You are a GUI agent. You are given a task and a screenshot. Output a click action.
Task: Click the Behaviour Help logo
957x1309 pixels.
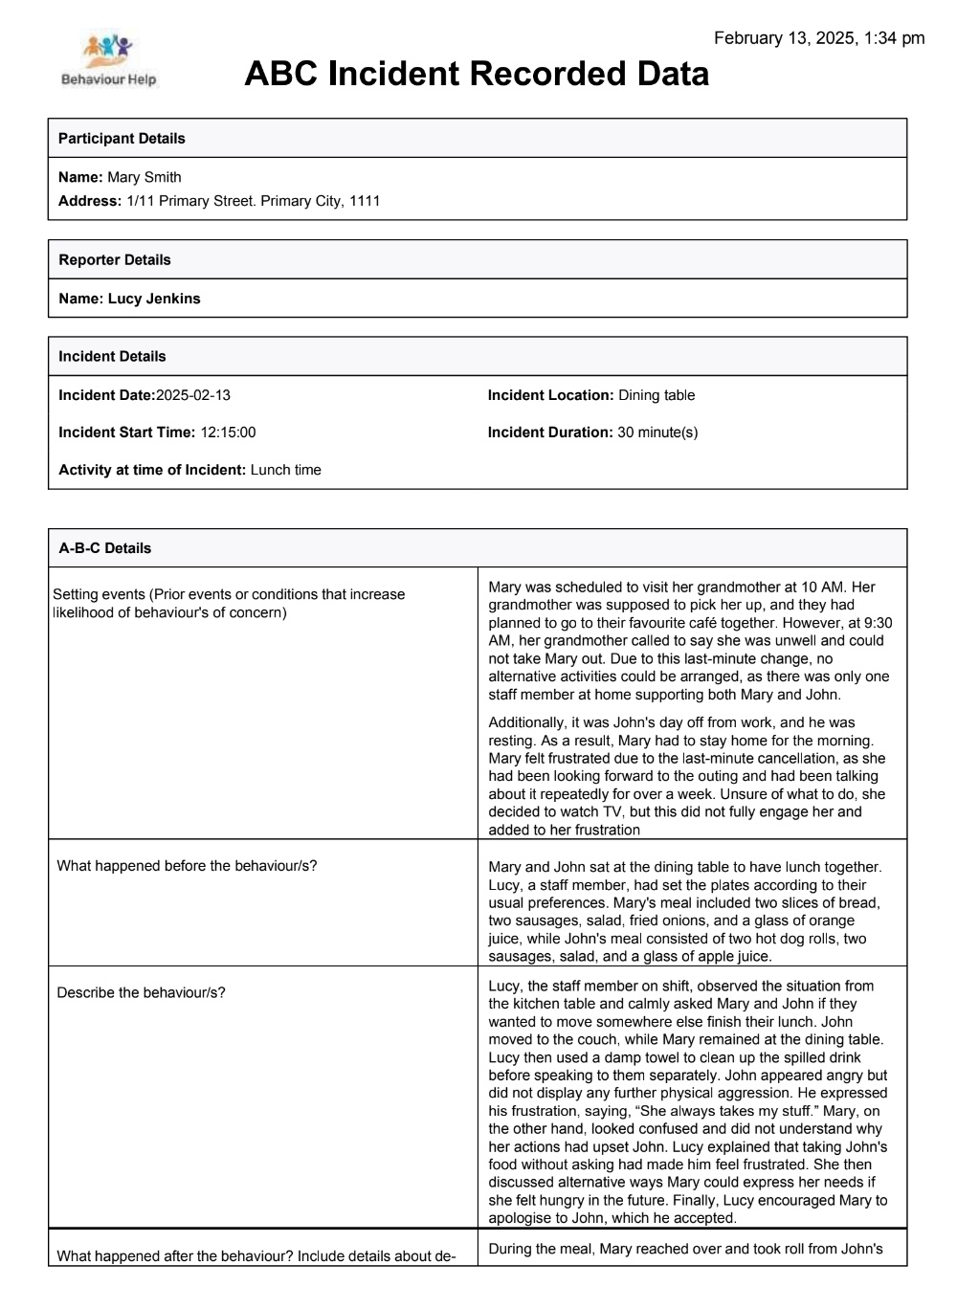point(108,60)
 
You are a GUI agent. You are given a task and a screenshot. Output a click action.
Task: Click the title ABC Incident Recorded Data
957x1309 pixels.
point(476,74)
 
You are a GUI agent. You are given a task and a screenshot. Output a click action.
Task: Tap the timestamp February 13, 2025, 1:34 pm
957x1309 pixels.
point(819,38)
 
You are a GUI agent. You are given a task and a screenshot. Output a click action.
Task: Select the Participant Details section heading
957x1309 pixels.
point(122,139)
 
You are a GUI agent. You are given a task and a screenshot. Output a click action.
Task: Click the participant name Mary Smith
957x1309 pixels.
point(144,177)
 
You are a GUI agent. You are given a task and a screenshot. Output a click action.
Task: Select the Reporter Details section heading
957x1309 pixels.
point(114,260)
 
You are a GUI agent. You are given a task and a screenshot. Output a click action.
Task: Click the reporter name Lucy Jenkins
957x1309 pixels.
point(154,299)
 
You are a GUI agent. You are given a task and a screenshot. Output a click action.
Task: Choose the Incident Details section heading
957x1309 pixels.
point(112,357)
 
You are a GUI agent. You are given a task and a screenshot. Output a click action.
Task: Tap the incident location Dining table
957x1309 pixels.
point(657,395)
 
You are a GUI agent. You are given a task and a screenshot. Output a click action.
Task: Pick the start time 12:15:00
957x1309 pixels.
point(228,433)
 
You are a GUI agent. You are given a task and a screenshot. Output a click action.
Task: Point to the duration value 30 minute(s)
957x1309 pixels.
point(657,433)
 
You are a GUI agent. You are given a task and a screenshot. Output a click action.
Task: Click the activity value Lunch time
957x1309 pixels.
point(285,470)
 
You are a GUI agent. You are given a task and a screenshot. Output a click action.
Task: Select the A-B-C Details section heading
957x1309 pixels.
point(104,548)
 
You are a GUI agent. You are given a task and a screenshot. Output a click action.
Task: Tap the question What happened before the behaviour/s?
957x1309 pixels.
point(187,866)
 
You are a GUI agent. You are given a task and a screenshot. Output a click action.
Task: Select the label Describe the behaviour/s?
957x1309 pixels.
point(141,992)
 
